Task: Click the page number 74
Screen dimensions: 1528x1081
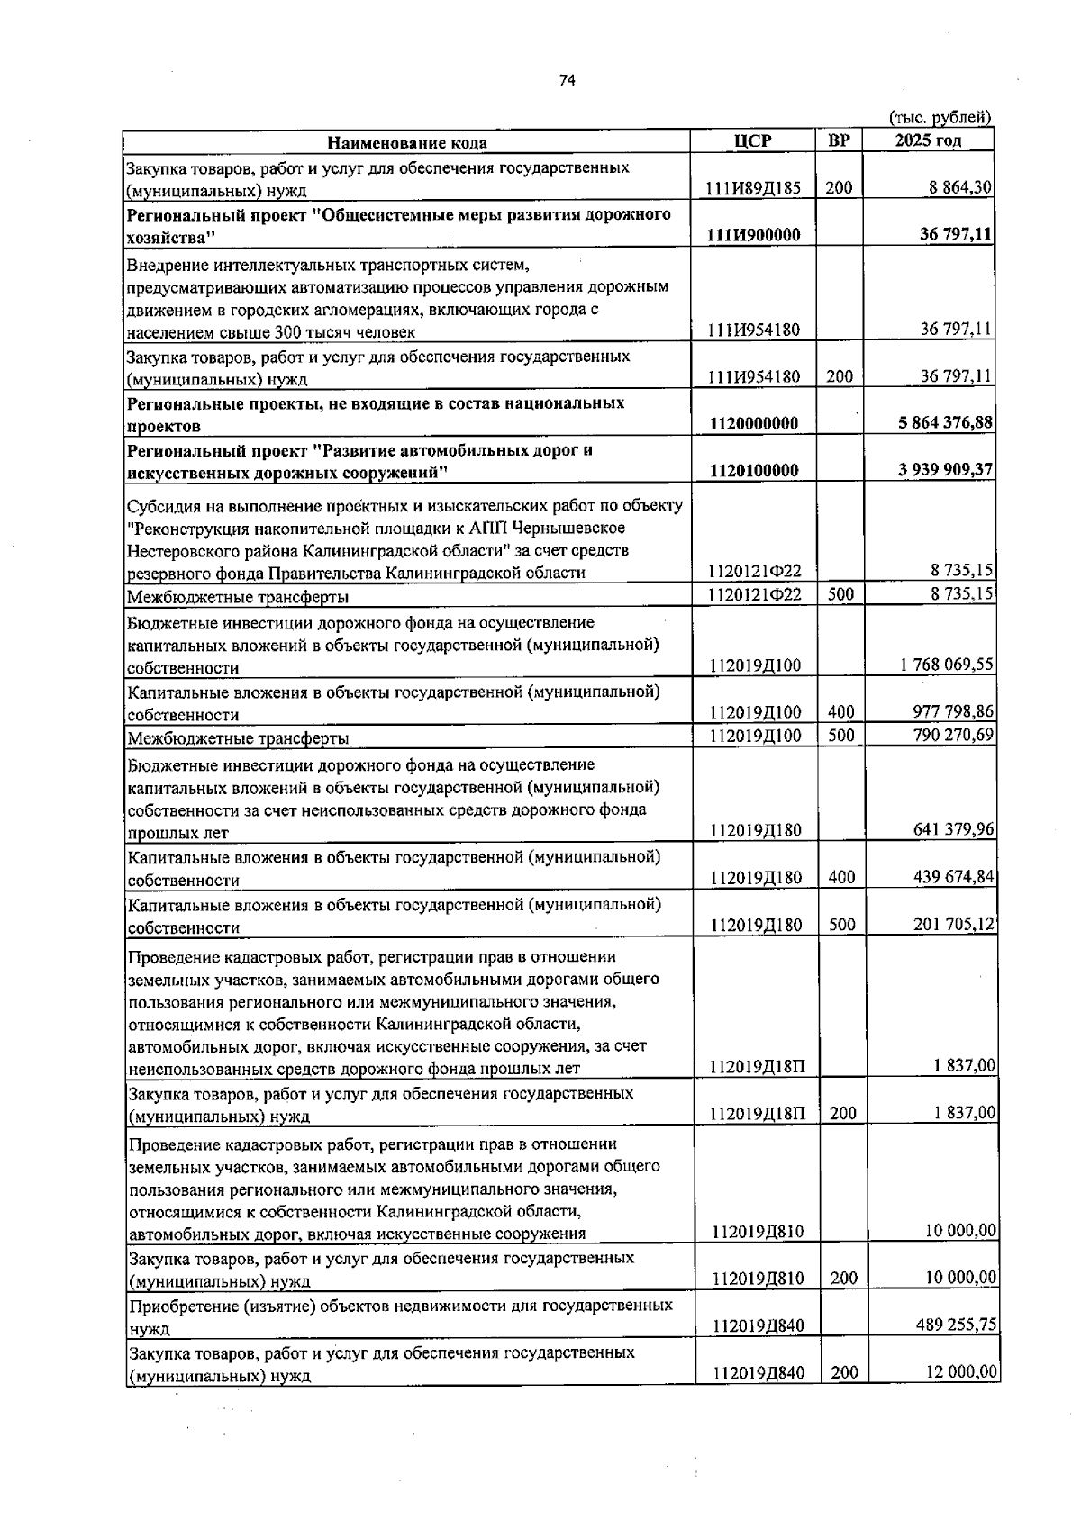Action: point(567,81)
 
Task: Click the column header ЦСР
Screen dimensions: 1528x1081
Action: point(753,140)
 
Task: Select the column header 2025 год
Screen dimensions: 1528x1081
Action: point(928,140)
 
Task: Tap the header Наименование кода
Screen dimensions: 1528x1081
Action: point(406,142)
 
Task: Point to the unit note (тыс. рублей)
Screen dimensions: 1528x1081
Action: point(940,117)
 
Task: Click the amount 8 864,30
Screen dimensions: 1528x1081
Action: point(960,187)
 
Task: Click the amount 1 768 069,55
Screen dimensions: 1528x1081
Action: point(947,665)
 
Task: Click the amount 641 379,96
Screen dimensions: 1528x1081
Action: point(953,829)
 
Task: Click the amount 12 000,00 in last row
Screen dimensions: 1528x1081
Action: point(961,1372)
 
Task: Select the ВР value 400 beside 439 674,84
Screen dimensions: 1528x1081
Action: point(841,877)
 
